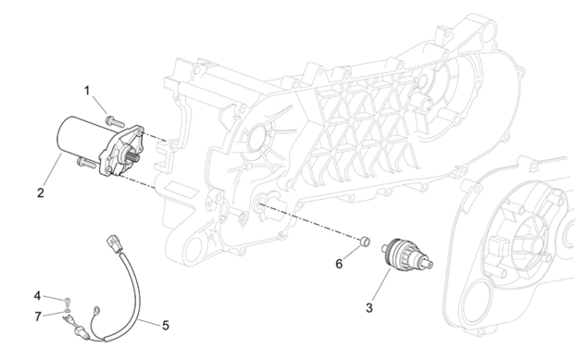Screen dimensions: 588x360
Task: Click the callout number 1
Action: pos(87,91)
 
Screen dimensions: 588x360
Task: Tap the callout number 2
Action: pos(41,192)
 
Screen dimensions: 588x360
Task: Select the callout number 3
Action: pos(369,308)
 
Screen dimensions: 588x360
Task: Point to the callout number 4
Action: pos(37,296)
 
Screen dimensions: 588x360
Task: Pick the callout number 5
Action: pos(166,326)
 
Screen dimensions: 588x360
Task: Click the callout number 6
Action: pos(339,264)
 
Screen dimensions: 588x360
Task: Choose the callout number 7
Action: pos(37,317)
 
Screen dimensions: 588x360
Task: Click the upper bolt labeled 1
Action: pos(115,121)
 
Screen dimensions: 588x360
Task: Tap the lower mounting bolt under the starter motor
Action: pos(87,162)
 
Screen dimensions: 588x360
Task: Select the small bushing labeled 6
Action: pos(365,242)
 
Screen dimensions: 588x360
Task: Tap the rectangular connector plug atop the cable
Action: pos(115,244)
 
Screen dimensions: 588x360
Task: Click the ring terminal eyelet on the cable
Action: pos(96,310)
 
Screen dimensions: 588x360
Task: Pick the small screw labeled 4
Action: pos(68,300)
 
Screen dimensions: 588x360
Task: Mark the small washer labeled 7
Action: pos(67,311)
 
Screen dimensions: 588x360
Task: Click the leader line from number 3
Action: pos(382,284)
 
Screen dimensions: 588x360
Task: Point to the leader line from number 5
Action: pos(149,322)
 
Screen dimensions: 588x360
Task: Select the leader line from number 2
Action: pos(53,169)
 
